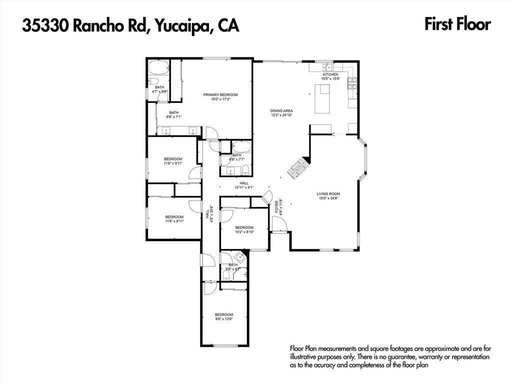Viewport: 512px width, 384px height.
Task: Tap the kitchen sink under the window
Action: pyautogui.click(x=328, y=67)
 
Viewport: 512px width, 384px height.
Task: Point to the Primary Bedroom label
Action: pyautogui.click(x=220, y=94)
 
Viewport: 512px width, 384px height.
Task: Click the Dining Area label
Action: pyautogui.click(x=281, y=110)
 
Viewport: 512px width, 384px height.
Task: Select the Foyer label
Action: pyautogui.click(x=276, y=206)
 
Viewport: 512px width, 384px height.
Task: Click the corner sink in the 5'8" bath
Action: pyautogui.click(x=240, y=258)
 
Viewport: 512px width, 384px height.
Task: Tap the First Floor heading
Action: pyautogui.click(x=457, y=24)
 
